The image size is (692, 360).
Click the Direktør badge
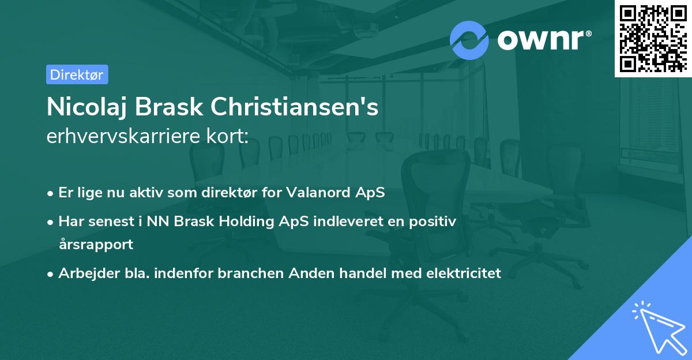(77, 74)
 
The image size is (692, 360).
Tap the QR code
(653, 38)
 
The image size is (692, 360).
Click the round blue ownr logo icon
(469, 40)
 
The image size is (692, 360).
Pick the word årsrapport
(95, 244)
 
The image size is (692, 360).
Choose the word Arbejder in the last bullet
(84, 273)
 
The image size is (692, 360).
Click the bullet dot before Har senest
(51, 222)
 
